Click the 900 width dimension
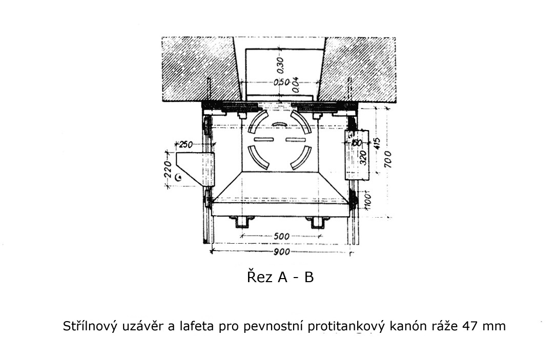282,252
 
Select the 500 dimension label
281,237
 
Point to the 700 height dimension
387,159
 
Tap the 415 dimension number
377,143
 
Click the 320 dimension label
363,158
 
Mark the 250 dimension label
186,144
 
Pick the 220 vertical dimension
168,170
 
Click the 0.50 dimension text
282,82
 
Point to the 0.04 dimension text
295,85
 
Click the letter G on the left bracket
179,177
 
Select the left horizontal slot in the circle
263,139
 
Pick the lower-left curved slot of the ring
258,158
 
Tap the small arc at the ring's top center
280,124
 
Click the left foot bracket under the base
243,222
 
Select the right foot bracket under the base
318,222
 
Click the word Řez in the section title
260,277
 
